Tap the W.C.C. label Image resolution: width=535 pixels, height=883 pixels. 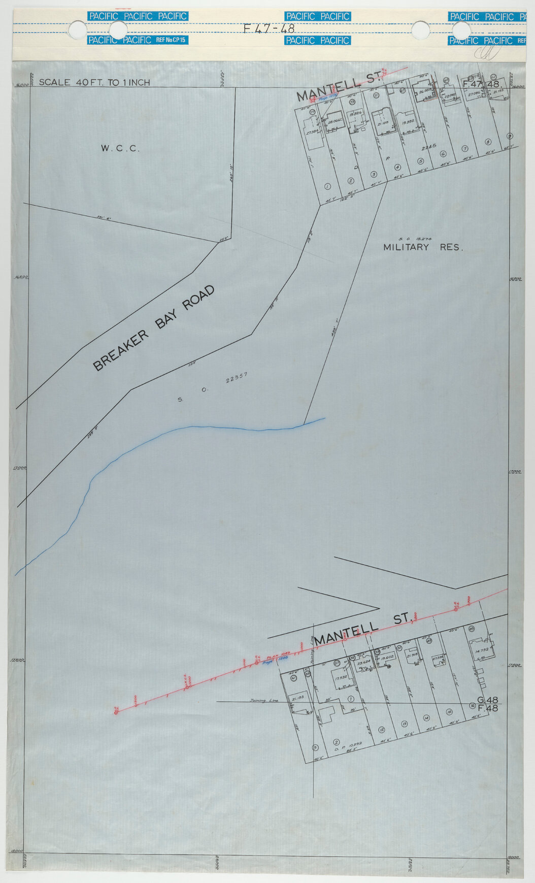pyautogui.click(x=120, y=149)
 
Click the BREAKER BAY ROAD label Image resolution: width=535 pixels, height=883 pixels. pyautogui.click(x=154, y=328)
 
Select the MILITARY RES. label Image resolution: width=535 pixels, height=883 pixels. pyautogui.click(x=423, y=248)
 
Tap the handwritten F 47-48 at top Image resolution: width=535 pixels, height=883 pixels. pyautogui.click(x=269, y=29)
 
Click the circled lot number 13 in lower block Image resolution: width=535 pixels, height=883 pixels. pyautogui.click(x=405, y=724)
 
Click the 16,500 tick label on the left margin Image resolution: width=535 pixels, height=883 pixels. pyautogui.click(x=21, y=277)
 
